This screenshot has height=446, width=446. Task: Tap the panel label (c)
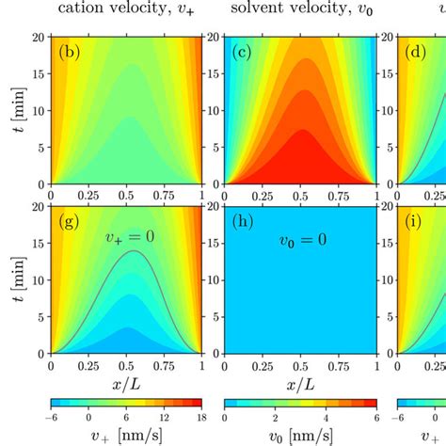click(243, 53)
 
